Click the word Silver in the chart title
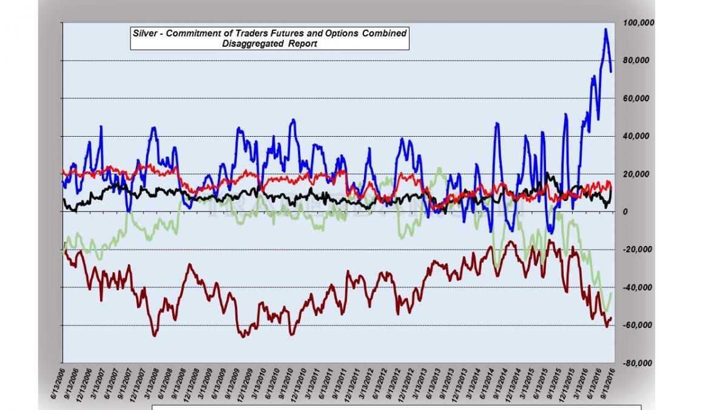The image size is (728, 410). coord(145,33)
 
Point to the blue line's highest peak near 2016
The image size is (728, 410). coord(605,29)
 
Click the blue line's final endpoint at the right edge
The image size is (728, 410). coord(611,72)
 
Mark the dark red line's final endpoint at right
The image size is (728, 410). coord(611,318)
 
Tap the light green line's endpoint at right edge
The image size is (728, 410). coord(611,293)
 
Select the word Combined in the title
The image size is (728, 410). coord(385,33)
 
